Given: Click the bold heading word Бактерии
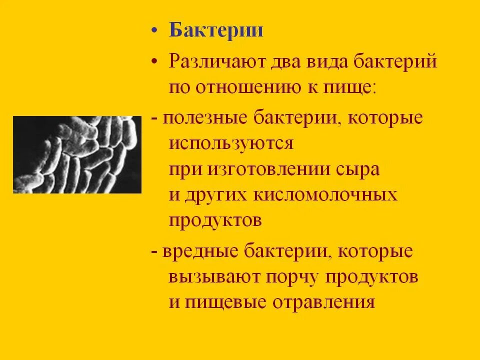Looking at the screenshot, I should click(216, 30).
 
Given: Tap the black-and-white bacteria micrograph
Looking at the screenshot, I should click(77, 154).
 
